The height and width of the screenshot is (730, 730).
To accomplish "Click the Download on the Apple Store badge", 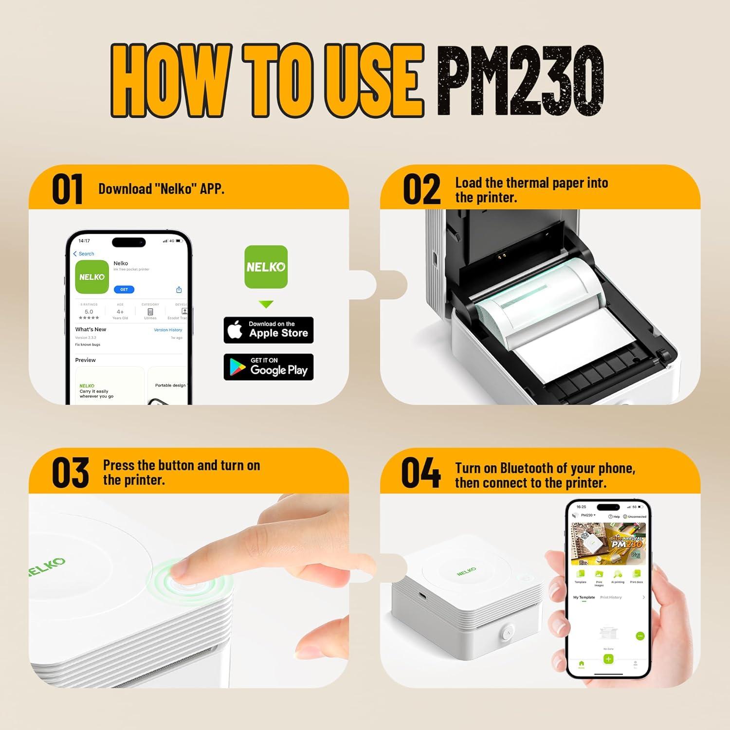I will (268, 330).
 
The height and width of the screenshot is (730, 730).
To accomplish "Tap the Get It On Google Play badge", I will (268, 367).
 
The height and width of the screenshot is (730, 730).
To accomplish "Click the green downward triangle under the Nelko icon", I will (266, 304).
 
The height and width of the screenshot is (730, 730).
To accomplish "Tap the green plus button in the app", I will (608, 659).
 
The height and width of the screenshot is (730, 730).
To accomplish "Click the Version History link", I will (168, 330).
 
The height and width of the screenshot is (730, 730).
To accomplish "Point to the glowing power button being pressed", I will (187, 583).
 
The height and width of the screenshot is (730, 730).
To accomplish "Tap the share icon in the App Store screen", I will (179, 290).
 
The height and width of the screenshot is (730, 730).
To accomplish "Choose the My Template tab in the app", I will (584, 597).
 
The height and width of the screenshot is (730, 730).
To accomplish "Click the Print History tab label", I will (611, 597).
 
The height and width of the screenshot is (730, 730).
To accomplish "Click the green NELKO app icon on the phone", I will (92, 276).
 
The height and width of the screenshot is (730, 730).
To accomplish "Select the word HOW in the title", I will (170, 80).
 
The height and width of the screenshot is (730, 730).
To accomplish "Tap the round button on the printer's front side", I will (507, 632).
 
